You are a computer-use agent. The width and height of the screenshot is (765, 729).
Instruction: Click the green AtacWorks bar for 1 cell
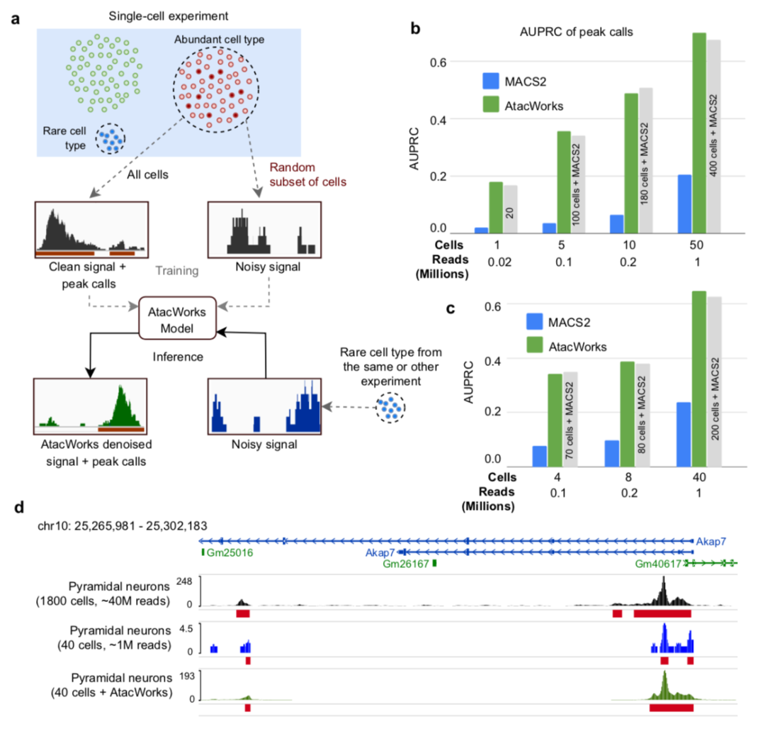(495, 207)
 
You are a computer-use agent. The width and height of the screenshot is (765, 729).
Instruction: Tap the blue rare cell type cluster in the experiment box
(110, 139)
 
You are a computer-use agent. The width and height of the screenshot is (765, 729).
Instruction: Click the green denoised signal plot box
(90, 406)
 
